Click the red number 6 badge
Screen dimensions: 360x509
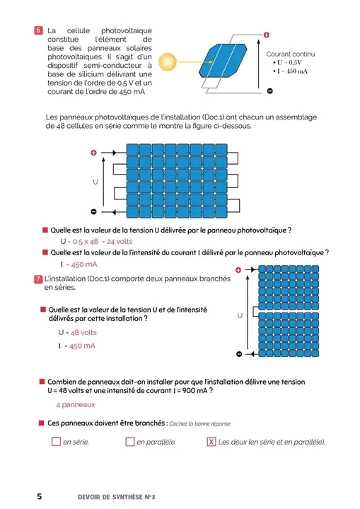[38, 30]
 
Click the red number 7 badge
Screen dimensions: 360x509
[38, 279]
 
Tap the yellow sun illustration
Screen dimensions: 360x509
[168, 62]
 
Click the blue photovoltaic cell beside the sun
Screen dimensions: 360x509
[223, 60]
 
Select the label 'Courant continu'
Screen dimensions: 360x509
[291, 54]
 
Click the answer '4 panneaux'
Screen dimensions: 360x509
[76, 405]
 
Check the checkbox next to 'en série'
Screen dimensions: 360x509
[56, 441]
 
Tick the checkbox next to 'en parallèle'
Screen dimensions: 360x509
[130, 441]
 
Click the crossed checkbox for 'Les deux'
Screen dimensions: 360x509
[211, 441]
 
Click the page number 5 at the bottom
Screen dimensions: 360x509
[40, 496]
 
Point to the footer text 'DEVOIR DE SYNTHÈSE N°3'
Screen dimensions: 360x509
[116, 497]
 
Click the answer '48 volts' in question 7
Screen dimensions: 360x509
[83, 332]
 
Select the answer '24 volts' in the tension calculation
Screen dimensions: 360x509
[120, 242]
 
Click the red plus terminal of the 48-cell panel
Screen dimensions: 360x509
[93, 153]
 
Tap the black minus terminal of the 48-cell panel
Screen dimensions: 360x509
[93, 212]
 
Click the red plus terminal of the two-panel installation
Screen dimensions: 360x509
[238, 270]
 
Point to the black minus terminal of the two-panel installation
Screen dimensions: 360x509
[239, 354]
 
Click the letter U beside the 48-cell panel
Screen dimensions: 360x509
[95, 182]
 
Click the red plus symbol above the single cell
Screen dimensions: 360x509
[267, 35]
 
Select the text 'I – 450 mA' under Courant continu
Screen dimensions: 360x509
[291, 71]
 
